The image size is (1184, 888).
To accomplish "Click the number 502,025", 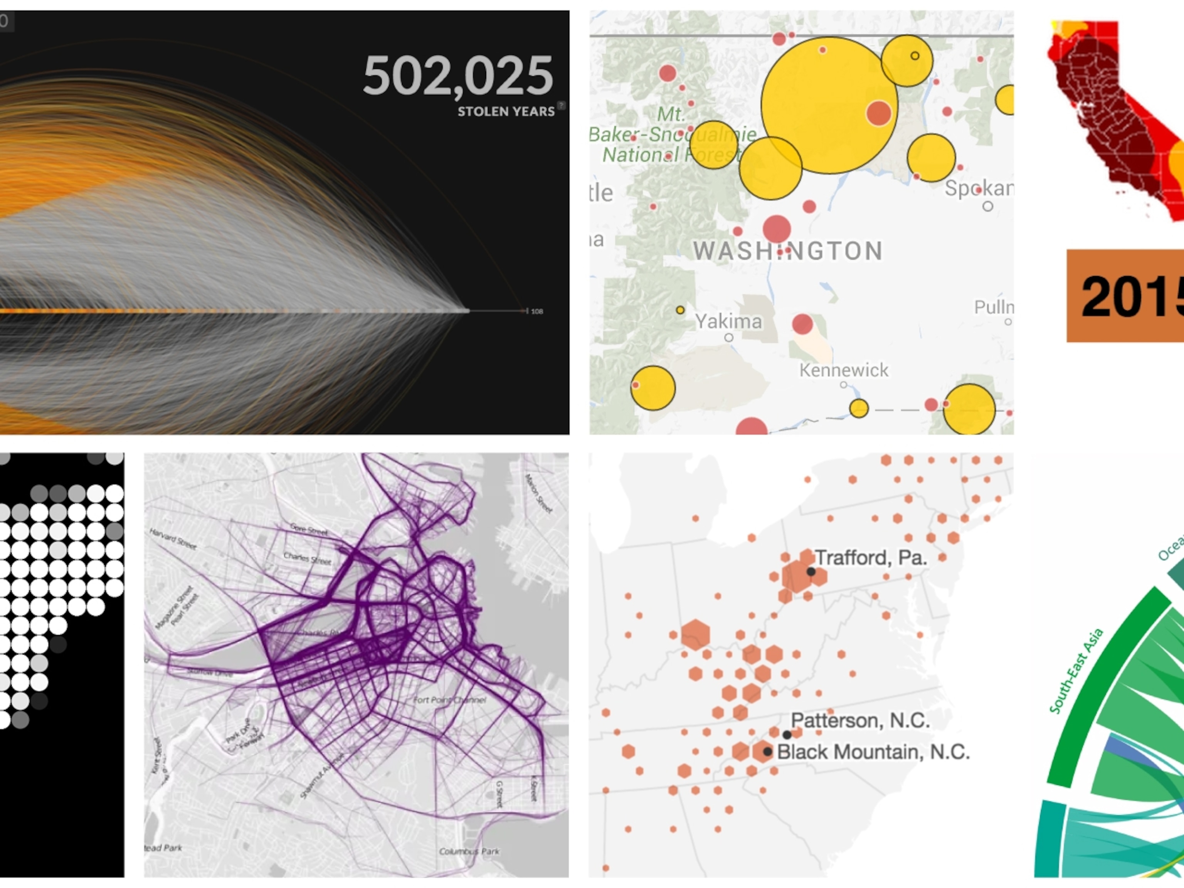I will [x=457, y=76].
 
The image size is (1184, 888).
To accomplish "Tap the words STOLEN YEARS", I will [x=506, y=111].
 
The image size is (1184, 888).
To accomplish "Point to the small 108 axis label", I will [x=537, y=311].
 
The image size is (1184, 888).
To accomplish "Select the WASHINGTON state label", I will [x=788, y=251].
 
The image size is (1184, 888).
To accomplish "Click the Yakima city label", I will [x=728, y=321].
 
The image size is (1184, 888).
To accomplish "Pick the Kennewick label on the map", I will [x=844, y=370].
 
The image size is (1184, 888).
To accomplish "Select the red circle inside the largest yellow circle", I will [x=878, y=113].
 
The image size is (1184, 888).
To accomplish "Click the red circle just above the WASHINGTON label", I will [x=777, y=229].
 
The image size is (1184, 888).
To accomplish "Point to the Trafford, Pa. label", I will [x=871, y=558].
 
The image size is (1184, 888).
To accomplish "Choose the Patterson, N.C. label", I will [x=860, y=720].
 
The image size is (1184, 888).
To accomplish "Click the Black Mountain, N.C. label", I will [x=873, y=752].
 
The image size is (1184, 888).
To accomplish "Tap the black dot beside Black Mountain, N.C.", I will [x=768, y=752].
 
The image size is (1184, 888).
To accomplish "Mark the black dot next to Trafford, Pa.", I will [x=811, y=572].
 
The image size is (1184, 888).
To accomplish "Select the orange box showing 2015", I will [x=1125, y=296].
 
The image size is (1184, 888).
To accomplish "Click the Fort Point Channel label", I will [x=450, y=700].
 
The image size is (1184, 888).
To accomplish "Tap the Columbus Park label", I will [x=469, y=851].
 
